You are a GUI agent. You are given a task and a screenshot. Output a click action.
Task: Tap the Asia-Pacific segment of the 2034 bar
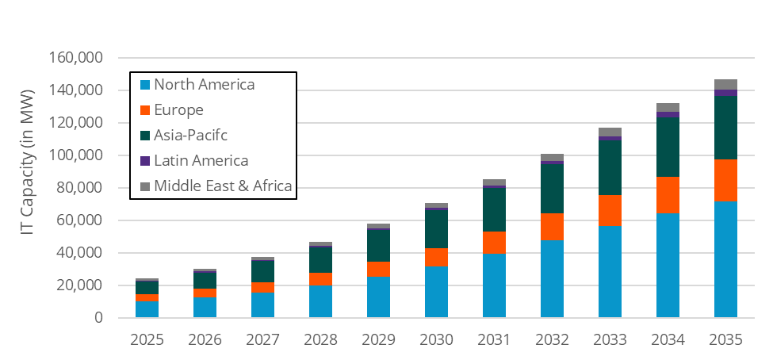click(668, 147)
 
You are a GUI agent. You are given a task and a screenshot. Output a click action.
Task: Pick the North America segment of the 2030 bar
click(436, 292)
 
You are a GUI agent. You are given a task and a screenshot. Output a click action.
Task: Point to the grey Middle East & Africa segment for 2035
click(725, 84)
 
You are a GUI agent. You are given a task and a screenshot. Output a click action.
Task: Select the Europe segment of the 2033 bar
click(610, 210)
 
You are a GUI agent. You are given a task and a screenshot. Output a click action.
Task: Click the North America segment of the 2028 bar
click(320, 301)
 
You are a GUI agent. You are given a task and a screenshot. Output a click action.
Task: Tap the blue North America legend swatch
click(144, 85)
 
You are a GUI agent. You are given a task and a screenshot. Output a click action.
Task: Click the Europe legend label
click(178, 110)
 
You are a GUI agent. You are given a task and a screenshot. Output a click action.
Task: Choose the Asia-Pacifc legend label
click(191, 136)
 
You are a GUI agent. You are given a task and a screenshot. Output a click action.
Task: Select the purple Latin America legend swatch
click(144, 161)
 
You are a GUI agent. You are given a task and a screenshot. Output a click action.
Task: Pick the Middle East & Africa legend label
click(223, 186)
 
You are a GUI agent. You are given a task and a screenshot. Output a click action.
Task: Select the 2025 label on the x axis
click(147, 340)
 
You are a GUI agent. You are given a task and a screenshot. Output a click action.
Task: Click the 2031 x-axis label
click(494, 340)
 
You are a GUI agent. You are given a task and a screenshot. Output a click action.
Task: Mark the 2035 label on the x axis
click(725, 340)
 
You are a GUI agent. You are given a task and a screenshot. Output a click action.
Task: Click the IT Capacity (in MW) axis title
click(28, 188)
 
